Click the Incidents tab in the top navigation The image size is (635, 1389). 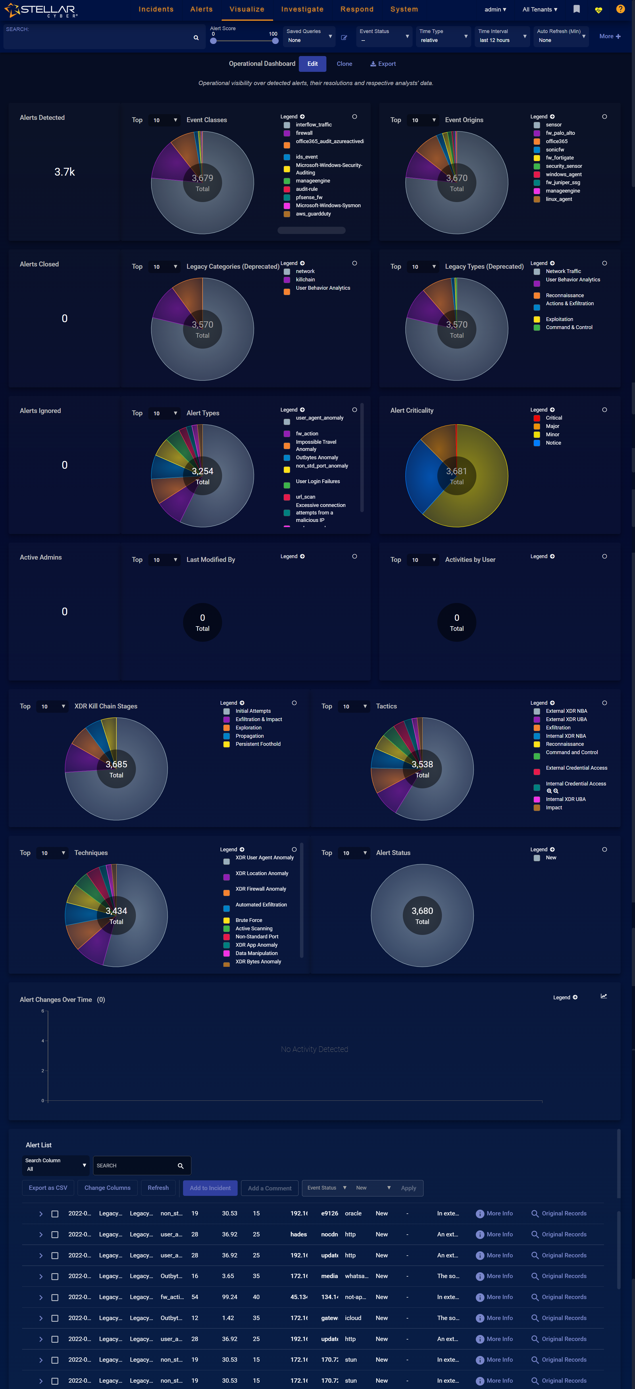tap(156, 9)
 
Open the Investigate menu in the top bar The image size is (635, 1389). tap(302, 9)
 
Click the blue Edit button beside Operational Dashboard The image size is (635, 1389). tap(312, 64)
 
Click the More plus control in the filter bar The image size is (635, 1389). tap(610, 36)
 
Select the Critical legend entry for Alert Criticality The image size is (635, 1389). tap(554, 418)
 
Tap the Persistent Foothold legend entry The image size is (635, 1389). tap(258, 744)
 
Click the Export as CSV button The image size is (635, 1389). tap(48, 1188)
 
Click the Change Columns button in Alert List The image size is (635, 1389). tap(107, 1188)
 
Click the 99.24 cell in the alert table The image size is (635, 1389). tap(230, 1297)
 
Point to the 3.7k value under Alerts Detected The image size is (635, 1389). tap(65, 172)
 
